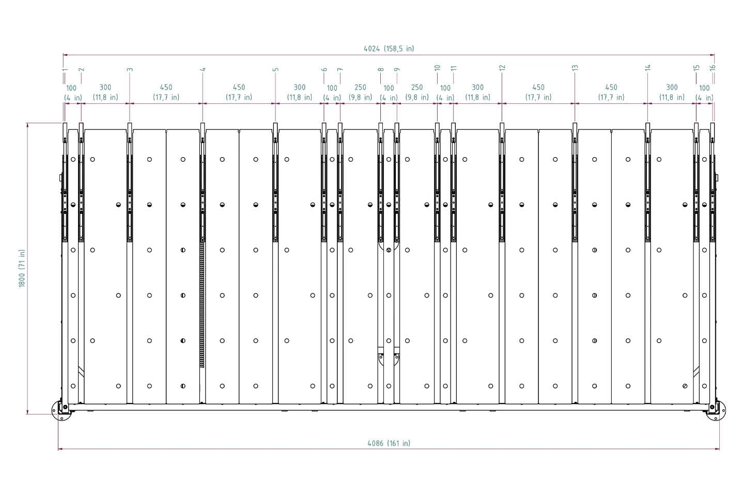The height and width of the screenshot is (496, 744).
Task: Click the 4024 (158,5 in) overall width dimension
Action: coord(389,49)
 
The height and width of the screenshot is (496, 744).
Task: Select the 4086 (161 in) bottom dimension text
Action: coord(389,443)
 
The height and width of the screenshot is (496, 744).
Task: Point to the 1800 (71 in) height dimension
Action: coord(22,269)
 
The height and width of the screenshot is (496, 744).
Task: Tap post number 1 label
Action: coord(65,69)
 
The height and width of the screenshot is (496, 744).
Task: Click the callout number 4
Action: coord(203,69)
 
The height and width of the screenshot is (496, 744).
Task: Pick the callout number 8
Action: coord(381,69)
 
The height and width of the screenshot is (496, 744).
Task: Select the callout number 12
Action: coord(502,68)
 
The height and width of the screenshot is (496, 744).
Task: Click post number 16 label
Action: coord(712,68)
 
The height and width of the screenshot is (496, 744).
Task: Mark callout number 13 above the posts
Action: coord(575,68)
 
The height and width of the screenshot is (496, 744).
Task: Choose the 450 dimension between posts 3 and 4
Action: coord(166,92)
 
